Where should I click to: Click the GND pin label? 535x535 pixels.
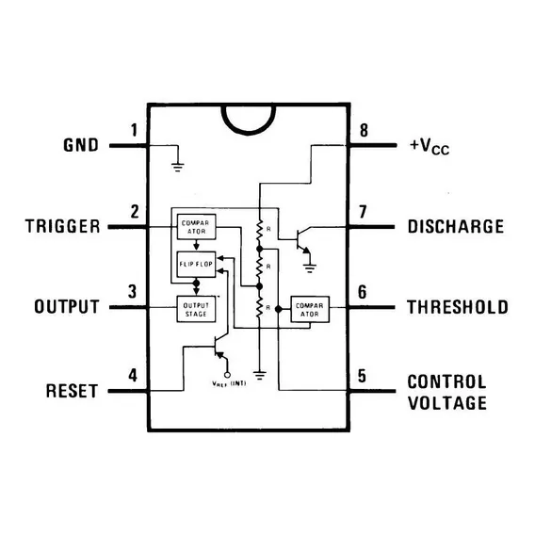(x=81, y=145)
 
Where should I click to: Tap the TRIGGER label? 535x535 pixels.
(x=63, y=226)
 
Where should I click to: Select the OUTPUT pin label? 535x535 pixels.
(x=67, y=306)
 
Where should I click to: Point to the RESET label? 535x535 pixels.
(x=72, y=391)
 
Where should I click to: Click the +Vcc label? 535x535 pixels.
(x=430, y=146)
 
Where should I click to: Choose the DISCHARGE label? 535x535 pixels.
(x=456, y=227)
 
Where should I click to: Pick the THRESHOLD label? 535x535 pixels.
(x=458, y=307)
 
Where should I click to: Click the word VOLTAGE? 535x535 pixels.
(x=447, y=403)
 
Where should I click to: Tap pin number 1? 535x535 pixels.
(x=134, y=130)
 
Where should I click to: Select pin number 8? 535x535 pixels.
(x=365, y=130)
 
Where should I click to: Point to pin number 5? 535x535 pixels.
(x=362, y=376)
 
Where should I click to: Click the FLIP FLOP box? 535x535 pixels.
(x=196, y=265)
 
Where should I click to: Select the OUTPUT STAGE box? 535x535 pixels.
(x=196, y=309)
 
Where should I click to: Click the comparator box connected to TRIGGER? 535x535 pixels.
(x=196, y=227)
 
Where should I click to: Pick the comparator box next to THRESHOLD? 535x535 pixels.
(x=310, y=310)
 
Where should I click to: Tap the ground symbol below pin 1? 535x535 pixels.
(x=177, y=168)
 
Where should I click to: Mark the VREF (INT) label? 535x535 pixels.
(x=229, y=383)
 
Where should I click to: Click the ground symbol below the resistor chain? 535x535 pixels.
(x=260, y=375)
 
